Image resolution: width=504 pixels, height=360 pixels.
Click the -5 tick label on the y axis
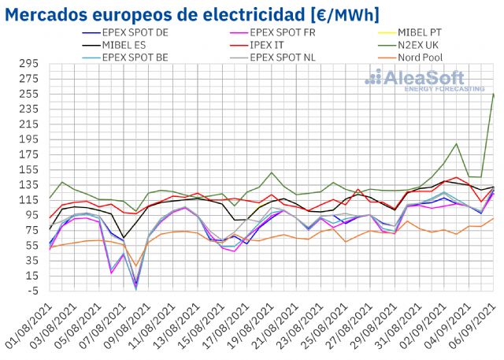[33, 290]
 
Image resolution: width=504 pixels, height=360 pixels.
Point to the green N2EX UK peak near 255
[493, 95]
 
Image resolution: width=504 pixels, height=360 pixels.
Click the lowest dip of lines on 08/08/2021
[135, 288]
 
